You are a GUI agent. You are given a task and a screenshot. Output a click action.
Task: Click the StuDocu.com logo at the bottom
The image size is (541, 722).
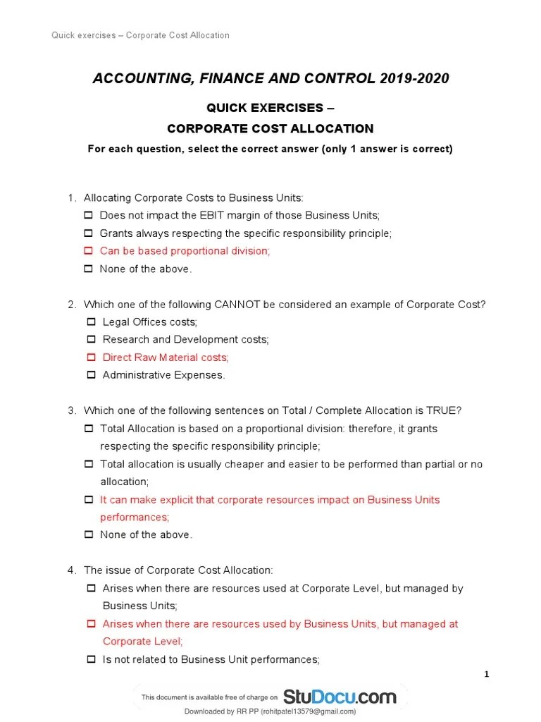pyautogui.click(x=340, y=697)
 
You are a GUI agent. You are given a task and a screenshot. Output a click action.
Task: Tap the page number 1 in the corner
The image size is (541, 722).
pyautogui.click(x=486, y=675)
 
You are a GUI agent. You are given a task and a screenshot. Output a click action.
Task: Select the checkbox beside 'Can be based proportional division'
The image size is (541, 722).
pyautogui.click(x=89, y=251)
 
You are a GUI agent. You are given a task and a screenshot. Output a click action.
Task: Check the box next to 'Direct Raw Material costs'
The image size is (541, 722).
pyautogui.click(x=91, y=357)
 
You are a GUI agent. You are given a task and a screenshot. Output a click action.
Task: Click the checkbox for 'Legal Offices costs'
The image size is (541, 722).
pyautogui.click(x=91, y=322)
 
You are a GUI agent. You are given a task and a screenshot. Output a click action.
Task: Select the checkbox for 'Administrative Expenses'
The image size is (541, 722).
pyautogui.click(x=91, y=375)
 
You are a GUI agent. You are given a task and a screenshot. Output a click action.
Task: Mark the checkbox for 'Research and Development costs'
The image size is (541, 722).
pyautogui.click(x=91, y=340)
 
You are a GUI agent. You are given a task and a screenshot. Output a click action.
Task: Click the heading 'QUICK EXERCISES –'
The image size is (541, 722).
pyautogui.click(x=270, y=109)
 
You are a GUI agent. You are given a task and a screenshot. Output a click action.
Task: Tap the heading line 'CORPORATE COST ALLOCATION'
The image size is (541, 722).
pyautogui.click(x=270, y=128)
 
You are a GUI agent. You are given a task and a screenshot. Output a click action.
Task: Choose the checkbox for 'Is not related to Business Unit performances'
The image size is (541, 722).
pyautogui.click(x=91, y=659)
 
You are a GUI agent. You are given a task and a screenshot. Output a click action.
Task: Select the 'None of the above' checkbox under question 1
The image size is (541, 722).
pyautogui.click(x=89, y=269)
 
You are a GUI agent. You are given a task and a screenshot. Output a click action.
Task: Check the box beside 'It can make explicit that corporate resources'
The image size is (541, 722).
pyautogui.click(x=89, y=500)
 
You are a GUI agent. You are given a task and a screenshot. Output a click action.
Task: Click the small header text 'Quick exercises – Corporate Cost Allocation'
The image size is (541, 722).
pyautogui.click(x=140, y=35)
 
